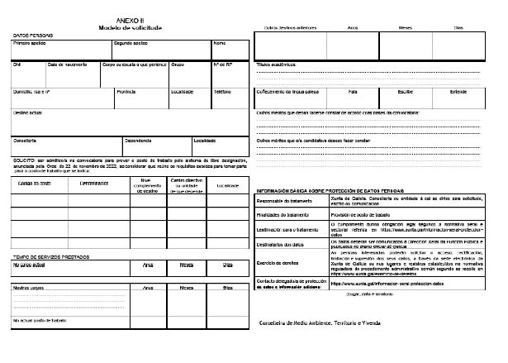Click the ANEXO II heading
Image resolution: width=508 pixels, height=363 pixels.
pos(130,20)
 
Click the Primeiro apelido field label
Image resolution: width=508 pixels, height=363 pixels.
pos(30,42)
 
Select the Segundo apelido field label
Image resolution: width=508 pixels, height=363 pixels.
pos(131,42)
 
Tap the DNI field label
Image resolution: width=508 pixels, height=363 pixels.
pos(17,64)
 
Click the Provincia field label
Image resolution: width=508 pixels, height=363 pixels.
pos(126,92)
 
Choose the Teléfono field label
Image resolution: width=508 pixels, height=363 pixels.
pos(222,92)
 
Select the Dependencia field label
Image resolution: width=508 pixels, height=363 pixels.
pos(138,140)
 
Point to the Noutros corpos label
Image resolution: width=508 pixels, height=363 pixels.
pos(30,288)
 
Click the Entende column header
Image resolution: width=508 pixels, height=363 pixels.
pos(458,92)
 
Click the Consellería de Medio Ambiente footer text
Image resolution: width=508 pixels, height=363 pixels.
pos(330,322)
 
